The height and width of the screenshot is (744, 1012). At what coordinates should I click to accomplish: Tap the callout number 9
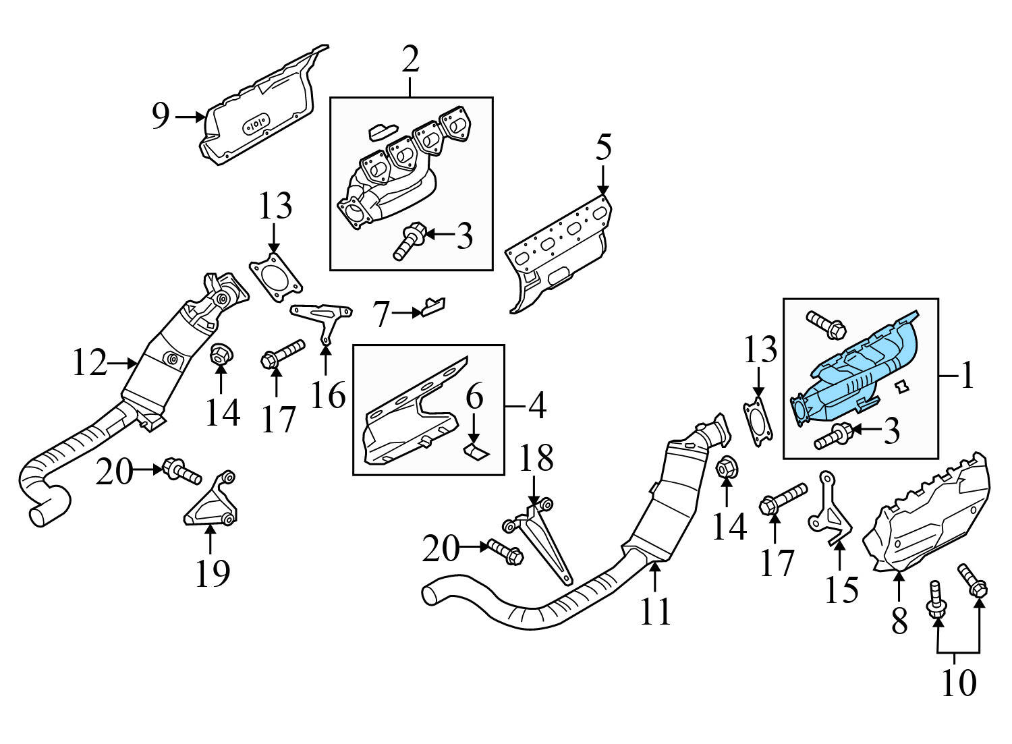point(161,117)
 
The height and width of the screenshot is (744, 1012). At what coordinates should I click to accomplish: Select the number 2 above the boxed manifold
point(410,61)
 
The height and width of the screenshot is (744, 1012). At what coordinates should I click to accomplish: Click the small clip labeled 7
point(432,307)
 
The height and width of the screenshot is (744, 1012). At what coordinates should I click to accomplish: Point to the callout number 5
point(602,148)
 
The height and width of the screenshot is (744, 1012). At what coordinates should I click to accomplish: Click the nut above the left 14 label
point(219,355)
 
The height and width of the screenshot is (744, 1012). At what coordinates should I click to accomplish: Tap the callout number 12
point(90,364)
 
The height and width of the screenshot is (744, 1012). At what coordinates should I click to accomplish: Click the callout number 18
point(536,459)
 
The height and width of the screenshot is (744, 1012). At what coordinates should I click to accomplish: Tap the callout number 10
point(958,683)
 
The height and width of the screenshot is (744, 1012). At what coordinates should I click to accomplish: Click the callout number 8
point(899,621)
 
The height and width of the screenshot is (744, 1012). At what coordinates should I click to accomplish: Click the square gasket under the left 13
point(275,279)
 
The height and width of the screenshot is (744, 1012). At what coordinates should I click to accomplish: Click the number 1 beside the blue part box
point(967,376)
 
